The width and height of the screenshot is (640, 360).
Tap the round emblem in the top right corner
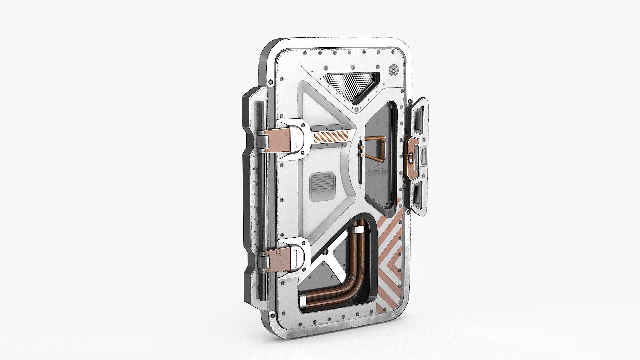[394, 70]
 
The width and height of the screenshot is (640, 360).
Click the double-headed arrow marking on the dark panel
[377, 173]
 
